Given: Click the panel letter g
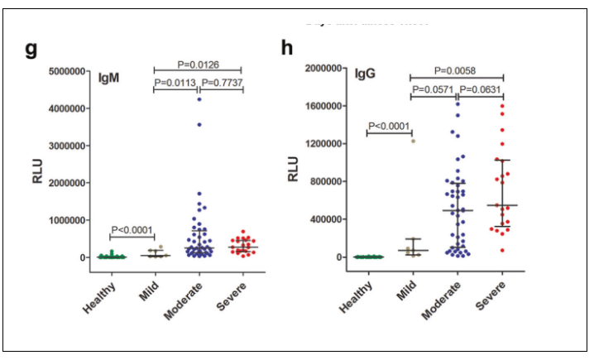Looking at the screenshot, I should tap(31, 49).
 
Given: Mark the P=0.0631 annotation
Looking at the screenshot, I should tap(480, 89).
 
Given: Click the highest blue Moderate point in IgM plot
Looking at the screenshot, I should tap(199, 100).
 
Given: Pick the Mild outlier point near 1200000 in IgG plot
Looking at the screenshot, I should tap(413, 141).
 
